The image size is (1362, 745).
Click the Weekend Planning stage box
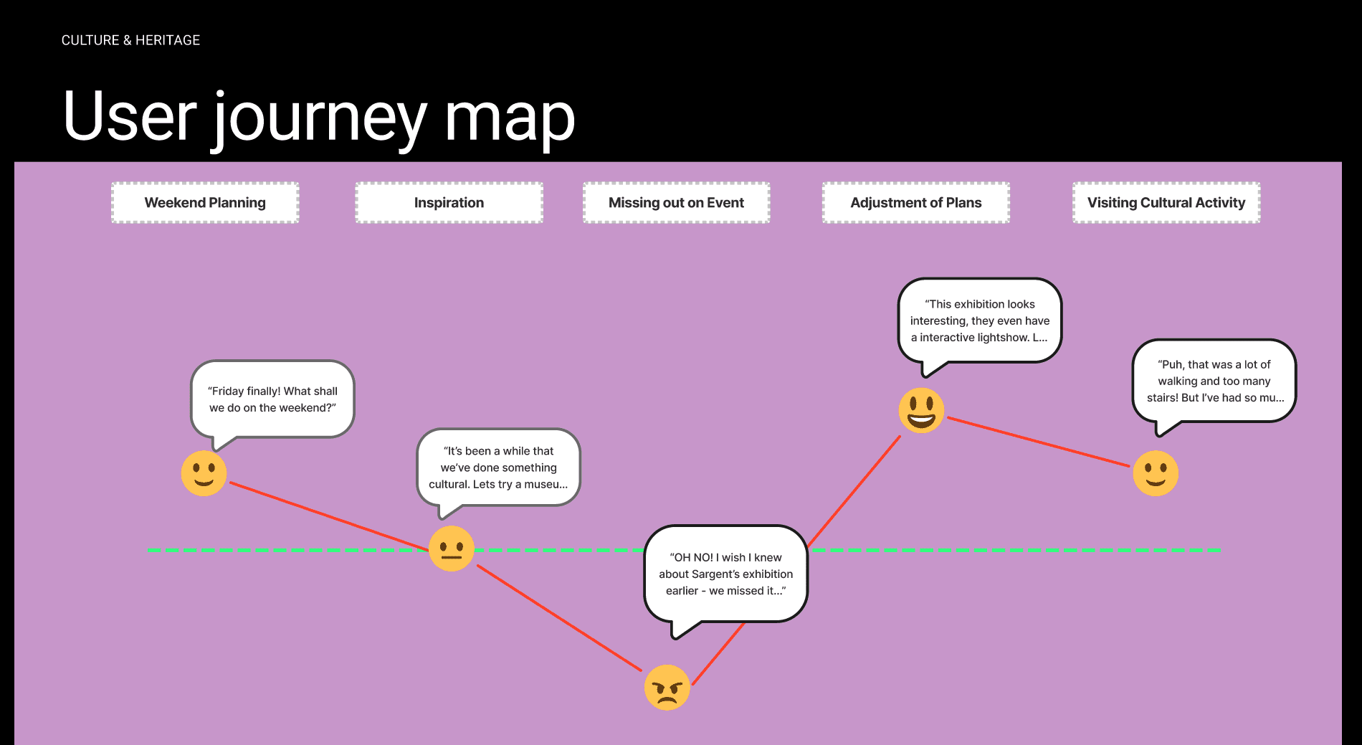pos(205,203)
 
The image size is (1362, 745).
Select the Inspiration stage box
pos(449,203)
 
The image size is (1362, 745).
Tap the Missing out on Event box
pos(676,203)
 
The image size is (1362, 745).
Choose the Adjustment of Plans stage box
pos(915,203)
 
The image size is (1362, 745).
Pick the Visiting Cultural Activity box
pos(1166,203)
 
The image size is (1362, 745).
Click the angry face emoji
pos(667,688)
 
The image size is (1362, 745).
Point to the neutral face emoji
pos(451,549)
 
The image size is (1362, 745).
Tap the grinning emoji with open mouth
pos(921,410)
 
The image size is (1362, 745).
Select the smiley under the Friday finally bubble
pos(204,473)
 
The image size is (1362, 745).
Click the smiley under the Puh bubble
pos(1155,473)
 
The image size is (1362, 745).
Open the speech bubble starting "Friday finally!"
pos(272,399)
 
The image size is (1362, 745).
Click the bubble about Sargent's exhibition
pos(725,574)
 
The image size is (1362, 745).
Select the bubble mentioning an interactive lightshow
pos(979,321)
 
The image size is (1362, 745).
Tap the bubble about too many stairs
pos(1214,381)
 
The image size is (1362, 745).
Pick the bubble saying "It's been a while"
pos(498,468)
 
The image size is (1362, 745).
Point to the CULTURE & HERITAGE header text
pos(130,40)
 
